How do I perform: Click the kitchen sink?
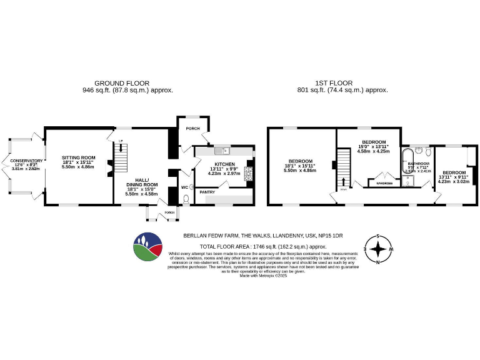(x=222, y=151)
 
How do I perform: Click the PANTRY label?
(x=207, y=192)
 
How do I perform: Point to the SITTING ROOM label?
(x=79, y=157)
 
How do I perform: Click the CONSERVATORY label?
(x=26, y=161)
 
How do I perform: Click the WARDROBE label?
(x=384, y=183)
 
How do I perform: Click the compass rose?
(x=377, y=250)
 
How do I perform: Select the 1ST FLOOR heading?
(x=334, y=82)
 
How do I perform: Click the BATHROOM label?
(x=418, y=163)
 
